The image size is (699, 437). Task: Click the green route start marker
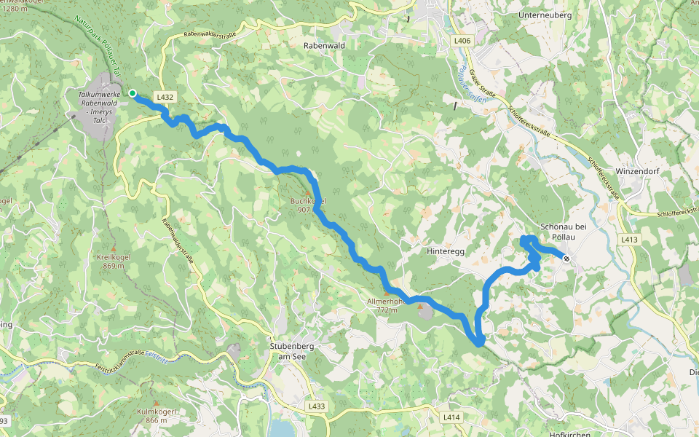pos(133,93)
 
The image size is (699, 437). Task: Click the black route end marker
pos(566,257)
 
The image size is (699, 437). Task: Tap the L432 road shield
pos(165,98)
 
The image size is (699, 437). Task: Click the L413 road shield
pos(631,239)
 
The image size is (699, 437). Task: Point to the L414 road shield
pos(452,417)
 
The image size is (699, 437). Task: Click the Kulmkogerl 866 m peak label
pos(157,415)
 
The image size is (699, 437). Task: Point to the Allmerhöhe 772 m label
pos(386,305)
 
